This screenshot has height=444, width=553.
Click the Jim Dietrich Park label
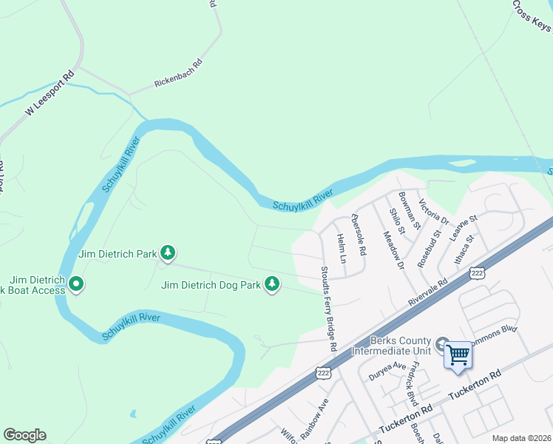point(117,254)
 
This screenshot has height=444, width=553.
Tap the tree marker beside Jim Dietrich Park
point(169,254)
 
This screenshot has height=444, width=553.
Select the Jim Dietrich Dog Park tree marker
point(273,283)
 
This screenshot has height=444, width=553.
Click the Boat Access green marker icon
point(76,283)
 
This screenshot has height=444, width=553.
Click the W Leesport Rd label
point(50,93)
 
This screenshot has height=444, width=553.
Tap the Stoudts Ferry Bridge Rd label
point(328,309)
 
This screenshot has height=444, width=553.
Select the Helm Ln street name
point(341,249)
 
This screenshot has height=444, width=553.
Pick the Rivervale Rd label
point(430,292)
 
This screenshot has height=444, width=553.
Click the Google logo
point(24,435)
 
